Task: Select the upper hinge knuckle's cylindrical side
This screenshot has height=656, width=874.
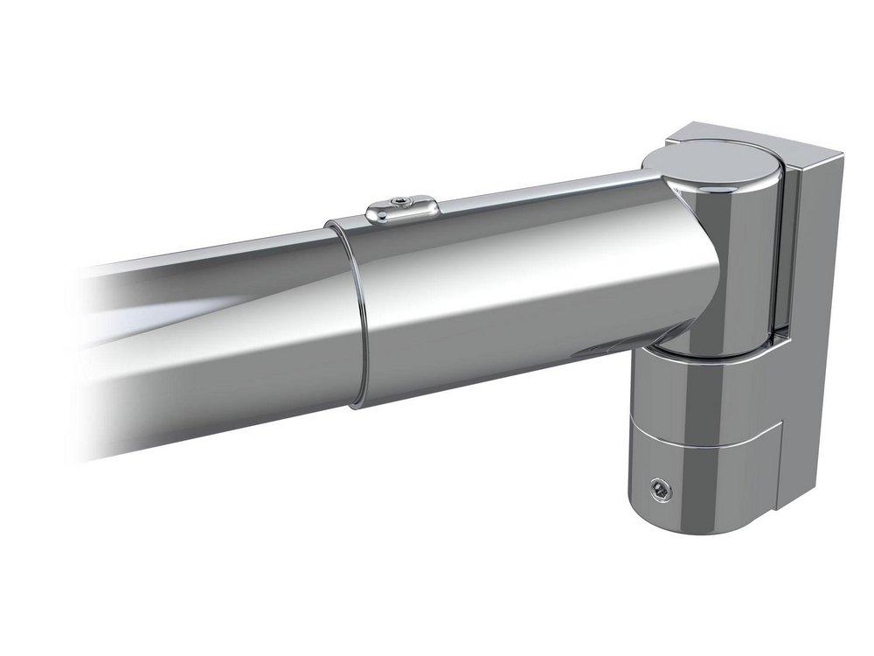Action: [743, 262]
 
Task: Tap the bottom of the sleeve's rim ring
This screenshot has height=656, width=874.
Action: [360, 404]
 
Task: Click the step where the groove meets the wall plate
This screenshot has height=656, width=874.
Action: [780, 429]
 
